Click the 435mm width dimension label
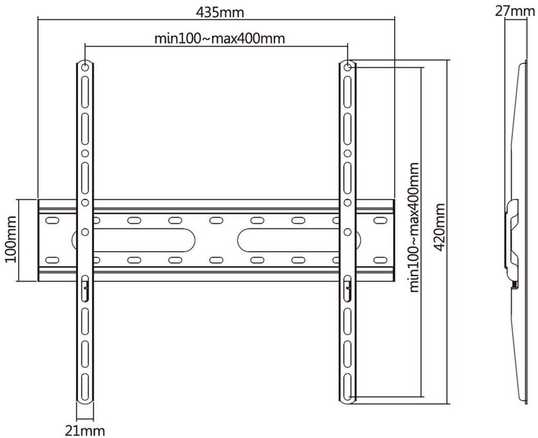pos(220,13)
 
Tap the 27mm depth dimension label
pos(515,11)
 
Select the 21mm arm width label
pos(85,431)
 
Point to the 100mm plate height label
pos(11,239)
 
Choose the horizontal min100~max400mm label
pos(220,38)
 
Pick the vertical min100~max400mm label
pos(414,227)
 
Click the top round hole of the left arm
pos(85,67)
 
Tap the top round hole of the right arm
pos(347,67)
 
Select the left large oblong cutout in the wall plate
pos(133,239)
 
